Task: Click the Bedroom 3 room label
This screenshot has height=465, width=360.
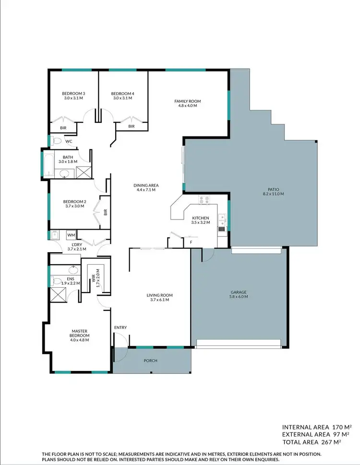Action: (73, 93)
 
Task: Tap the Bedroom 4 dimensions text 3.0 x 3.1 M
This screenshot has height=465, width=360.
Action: (122, 98)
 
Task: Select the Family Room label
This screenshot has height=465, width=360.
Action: (187, 101)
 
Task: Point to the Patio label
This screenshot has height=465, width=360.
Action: (274, 189)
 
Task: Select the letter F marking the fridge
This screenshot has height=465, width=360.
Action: (191, 242)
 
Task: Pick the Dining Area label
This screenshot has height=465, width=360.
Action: (147, 185)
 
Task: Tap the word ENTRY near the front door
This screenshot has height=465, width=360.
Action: (120, 328)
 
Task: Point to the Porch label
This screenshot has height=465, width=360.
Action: (150, 361)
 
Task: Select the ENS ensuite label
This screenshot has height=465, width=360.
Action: (70, 278)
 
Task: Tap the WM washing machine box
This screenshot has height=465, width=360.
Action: (71, 235)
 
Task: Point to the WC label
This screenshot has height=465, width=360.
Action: (69, 141)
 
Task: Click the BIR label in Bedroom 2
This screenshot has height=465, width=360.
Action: (105, 210)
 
